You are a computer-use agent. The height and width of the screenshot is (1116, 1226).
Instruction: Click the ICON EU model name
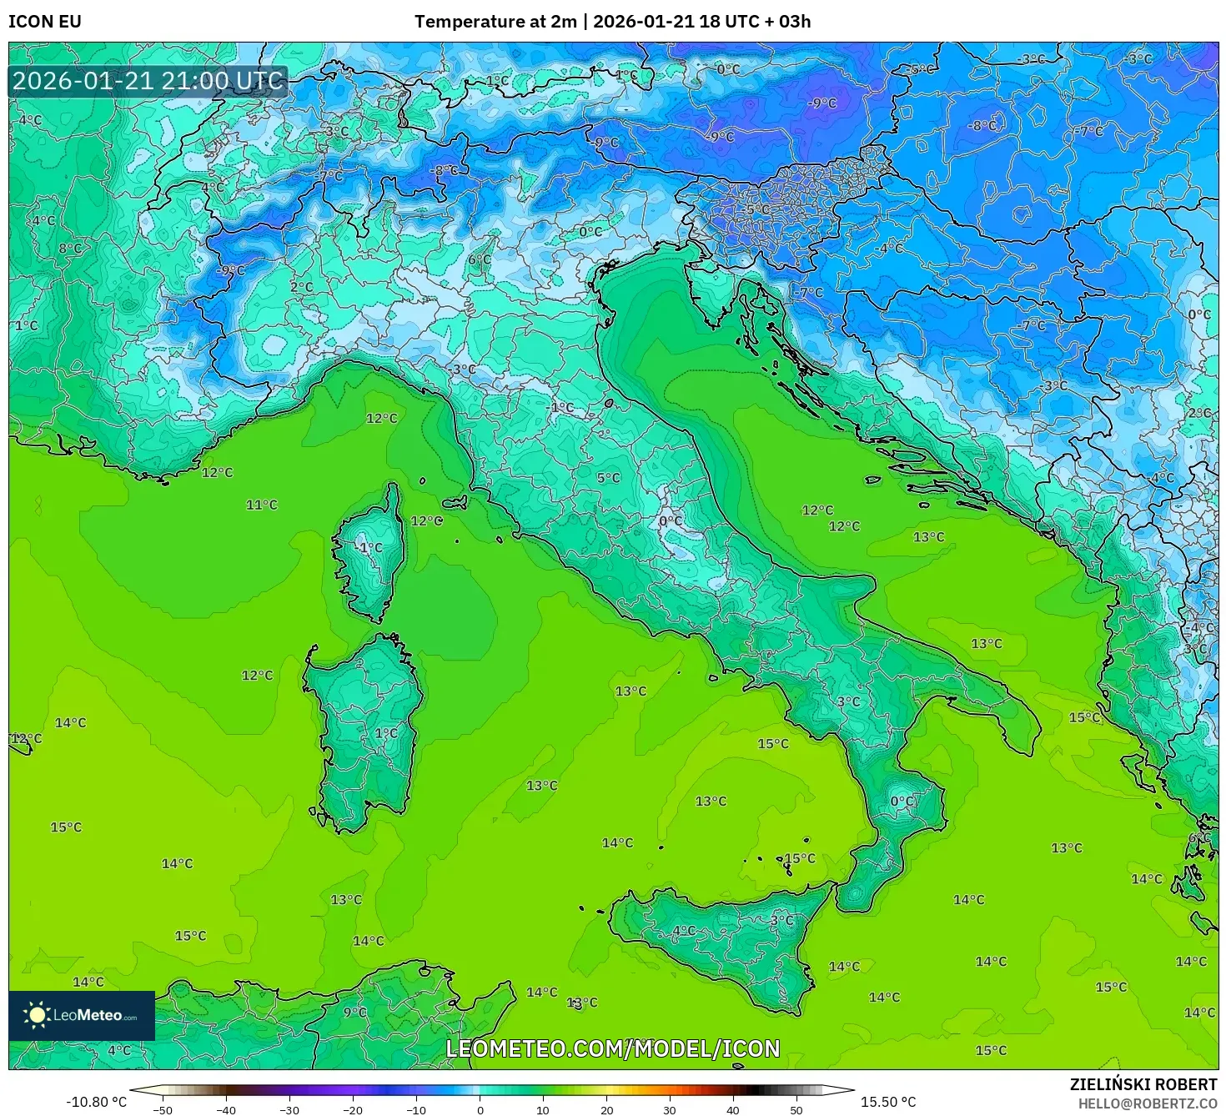[45, 22]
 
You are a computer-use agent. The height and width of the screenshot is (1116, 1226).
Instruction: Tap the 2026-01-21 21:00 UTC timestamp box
[148, 82]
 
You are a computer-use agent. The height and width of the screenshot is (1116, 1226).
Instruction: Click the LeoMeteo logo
[81, 1015]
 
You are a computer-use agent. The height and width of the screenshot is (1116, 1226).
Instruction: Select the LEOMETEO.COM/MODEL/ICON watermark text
[613, 1048]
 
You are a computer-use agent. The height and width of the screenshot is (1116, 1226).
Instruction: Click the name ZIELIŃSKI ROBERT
[1143, 1084]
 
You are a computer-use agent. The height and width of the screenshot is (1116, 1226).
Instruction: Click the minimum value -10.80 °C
[96, 1102]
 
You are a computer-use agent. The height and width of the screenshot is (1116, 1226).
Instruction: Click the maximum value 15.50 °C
[887, 1102]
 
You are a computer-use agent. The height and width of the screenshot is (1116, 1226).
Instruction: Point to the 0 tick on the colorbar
[480, 1109]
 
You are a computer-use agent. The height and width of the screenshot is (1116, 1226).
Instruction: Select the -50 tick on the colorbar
[163, 1109]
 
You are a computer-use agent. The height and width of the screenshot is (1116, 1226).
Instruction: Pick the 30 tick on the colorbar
[670, 1109]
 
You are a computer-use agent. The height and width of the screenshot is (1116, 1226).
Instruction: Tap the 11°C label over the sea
[261, 505]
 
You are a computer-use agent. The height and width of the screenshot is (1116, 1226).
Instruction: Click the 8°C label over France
[70, 249]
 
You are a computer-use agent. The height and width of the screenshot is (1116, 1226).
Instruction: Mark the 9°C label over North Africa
[354, 1012]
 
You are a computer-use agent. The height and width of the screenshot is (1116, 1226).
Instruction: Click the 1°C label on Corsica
[370, 548]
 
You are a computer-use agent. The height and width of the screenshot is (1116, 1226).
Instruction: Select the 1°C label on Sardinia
[385, 733]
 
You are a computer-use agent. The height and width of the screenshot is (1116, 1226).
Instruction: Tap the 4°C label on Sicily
[683, 930]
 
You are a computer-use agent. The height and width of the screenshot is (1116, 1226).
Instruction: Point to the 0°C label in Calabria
[902, 802]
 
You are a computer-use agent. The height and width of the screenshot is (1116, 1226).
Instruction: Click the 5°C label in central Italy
[608, 478]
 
